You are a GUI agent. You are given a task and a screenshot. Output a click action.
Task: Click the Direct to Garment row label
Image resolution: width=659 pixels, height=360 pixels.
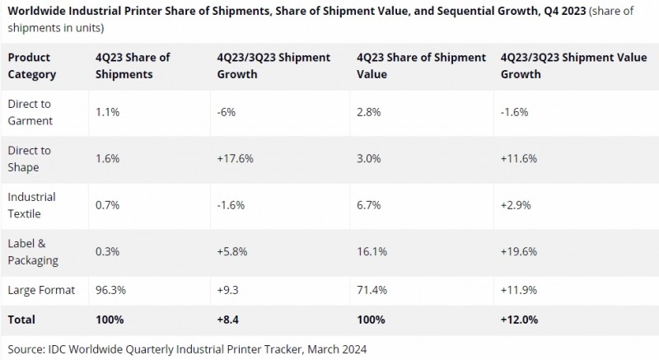pos(30,111)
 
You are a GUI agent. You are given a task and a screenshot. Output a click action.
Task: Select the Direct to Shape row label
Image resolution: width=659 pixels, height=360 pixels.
pos(30,157)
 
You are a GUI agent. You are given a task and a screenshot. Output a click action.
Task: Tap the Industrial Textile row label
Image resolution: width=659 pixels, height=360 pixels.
pos(31,204)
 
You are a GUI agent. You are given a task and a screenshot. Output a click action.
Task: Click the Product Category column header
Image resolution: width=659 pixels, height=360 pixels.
pos(32,65)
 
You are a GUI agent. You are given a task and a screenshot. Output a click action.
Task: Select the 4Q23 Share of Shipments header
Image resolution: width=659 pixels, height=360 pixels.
pos(133,65)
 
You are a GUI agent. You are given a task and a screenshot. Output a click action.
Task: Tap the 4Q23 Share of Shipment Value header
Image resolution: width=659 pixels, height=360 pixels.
pos(422,65)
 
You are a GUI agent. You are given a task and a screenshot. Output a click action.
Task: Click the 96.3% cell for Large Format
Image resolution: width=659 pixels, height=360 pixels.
pos(112,291)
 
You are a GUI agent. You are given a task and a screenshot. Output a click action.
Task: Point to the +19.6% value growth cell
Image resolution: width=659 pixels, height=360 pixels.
pos(518,245)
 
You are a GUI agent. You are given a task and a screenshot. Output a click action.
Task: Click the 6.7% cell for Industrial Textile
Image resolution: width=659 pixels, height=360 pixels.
pos(368,198)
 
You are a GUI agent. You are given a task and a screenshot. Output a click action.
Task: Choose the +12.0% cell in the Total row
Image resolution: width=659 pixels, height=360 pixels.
pos(519,318)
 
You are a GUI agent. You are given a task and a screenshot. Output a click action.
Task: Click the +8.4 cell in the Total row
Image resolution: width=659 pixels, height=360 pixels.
pos(230,318)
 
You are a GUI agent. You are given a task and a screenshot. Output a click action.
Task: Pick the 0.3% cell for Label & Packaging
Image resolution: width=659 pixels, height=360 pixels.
pos(108,245)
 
